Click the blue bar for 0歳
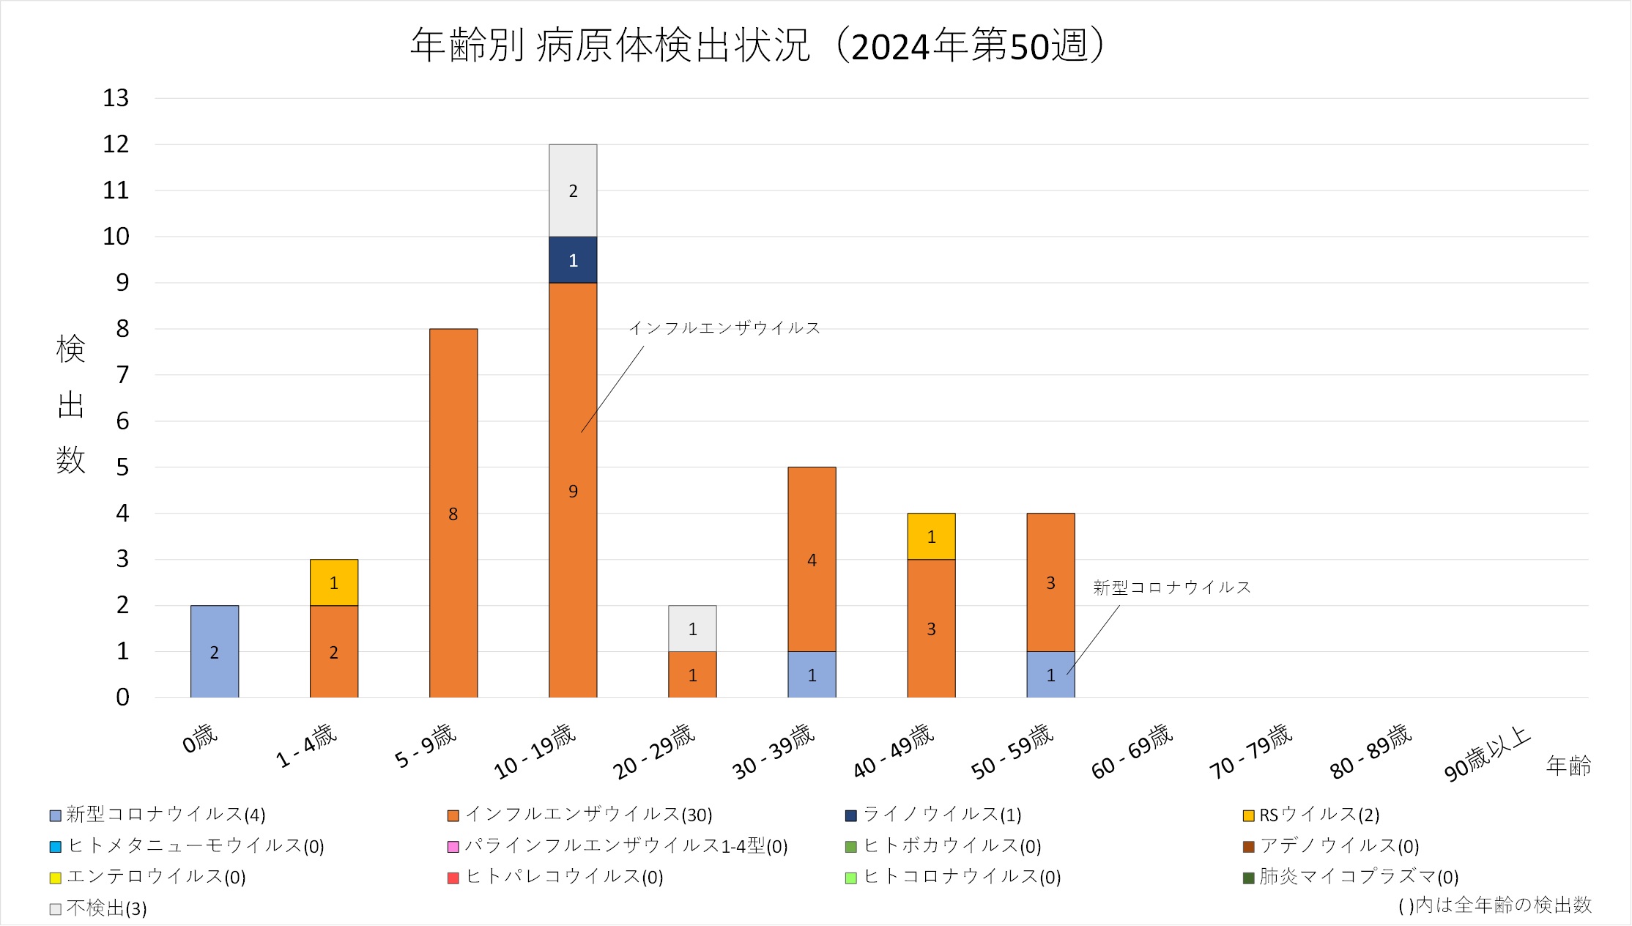[214, 651]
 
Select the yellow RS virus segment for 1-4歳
[333, 582]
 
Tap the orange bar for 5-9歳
[453, 513]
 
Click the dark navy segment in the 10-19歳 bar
[573, 259]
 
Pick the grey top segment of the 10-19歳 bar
[573, 190]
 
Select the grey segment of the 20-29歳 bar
[692, 629]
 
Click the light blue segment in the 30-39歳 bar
[812, 674]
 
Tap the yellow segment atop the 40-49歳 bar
[931, 536]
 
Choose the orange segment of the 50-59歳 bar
[1050, 582]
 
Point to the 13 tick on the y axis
[116, 98]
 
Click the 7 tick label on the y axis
[122, 375]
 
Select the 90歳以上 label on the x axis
[1487, 754]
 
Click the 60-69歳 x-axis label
[1132, 752]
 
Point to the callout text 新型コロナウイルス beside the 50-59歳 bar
[1171, 588]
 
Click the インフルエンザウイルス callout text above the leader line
[724, 328]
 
